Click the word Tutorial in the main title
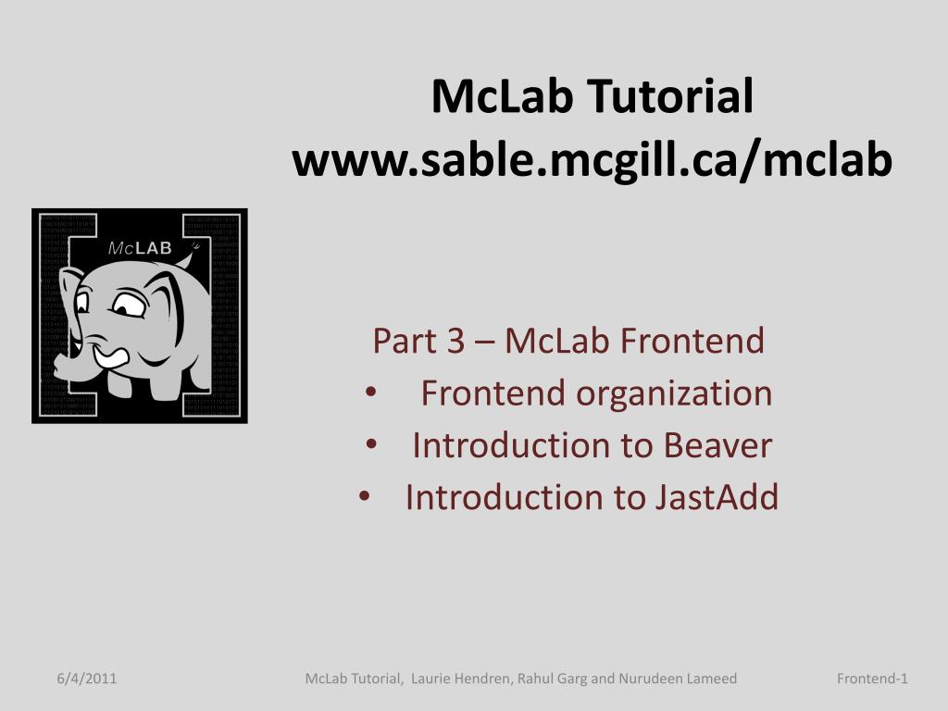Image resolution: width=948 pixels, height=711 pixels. click(x=670, y=96)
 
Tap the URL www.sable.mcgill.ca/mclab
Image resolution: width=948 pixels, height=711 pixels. click(x=592, y=160)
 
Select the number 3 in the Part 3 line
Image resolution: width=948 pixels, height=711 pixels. click(x=455, y=341)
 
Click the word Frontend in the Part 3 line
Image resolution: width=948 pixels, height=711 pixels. click(x=692, y=341)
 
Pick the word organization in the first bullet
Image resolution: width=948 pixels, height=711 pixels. click(x=674, y=393)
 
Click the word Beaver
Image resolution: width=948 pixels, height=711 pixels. click(x=718, y=445)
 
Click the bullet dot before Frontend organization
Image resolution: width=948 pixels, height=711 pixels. click(x=371, y=393)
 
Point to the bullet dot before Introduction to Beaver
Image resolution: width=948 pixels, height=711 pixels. click(x=371, y=445)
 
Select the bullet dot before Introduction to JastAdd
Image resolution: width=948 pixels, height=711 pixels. click(x=364, y=497)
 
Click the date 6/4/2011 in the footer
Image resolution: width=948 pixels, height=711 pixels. click(x=87, y=679)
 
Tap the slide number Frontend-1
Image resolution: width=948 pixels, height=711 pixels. click(x=872, y=679)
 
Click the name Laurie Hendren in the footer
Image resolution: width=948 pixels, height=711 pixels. click(x=461, y=679)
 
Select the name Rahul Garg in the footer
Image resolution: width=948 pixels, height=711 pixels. click(x=552, y=679)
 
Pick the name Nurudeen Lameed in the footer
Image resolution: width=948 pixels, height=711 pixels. click(x=677, y=679)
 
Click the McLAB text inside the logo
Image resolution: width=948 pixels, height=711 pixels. click(x=140, y=248)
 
